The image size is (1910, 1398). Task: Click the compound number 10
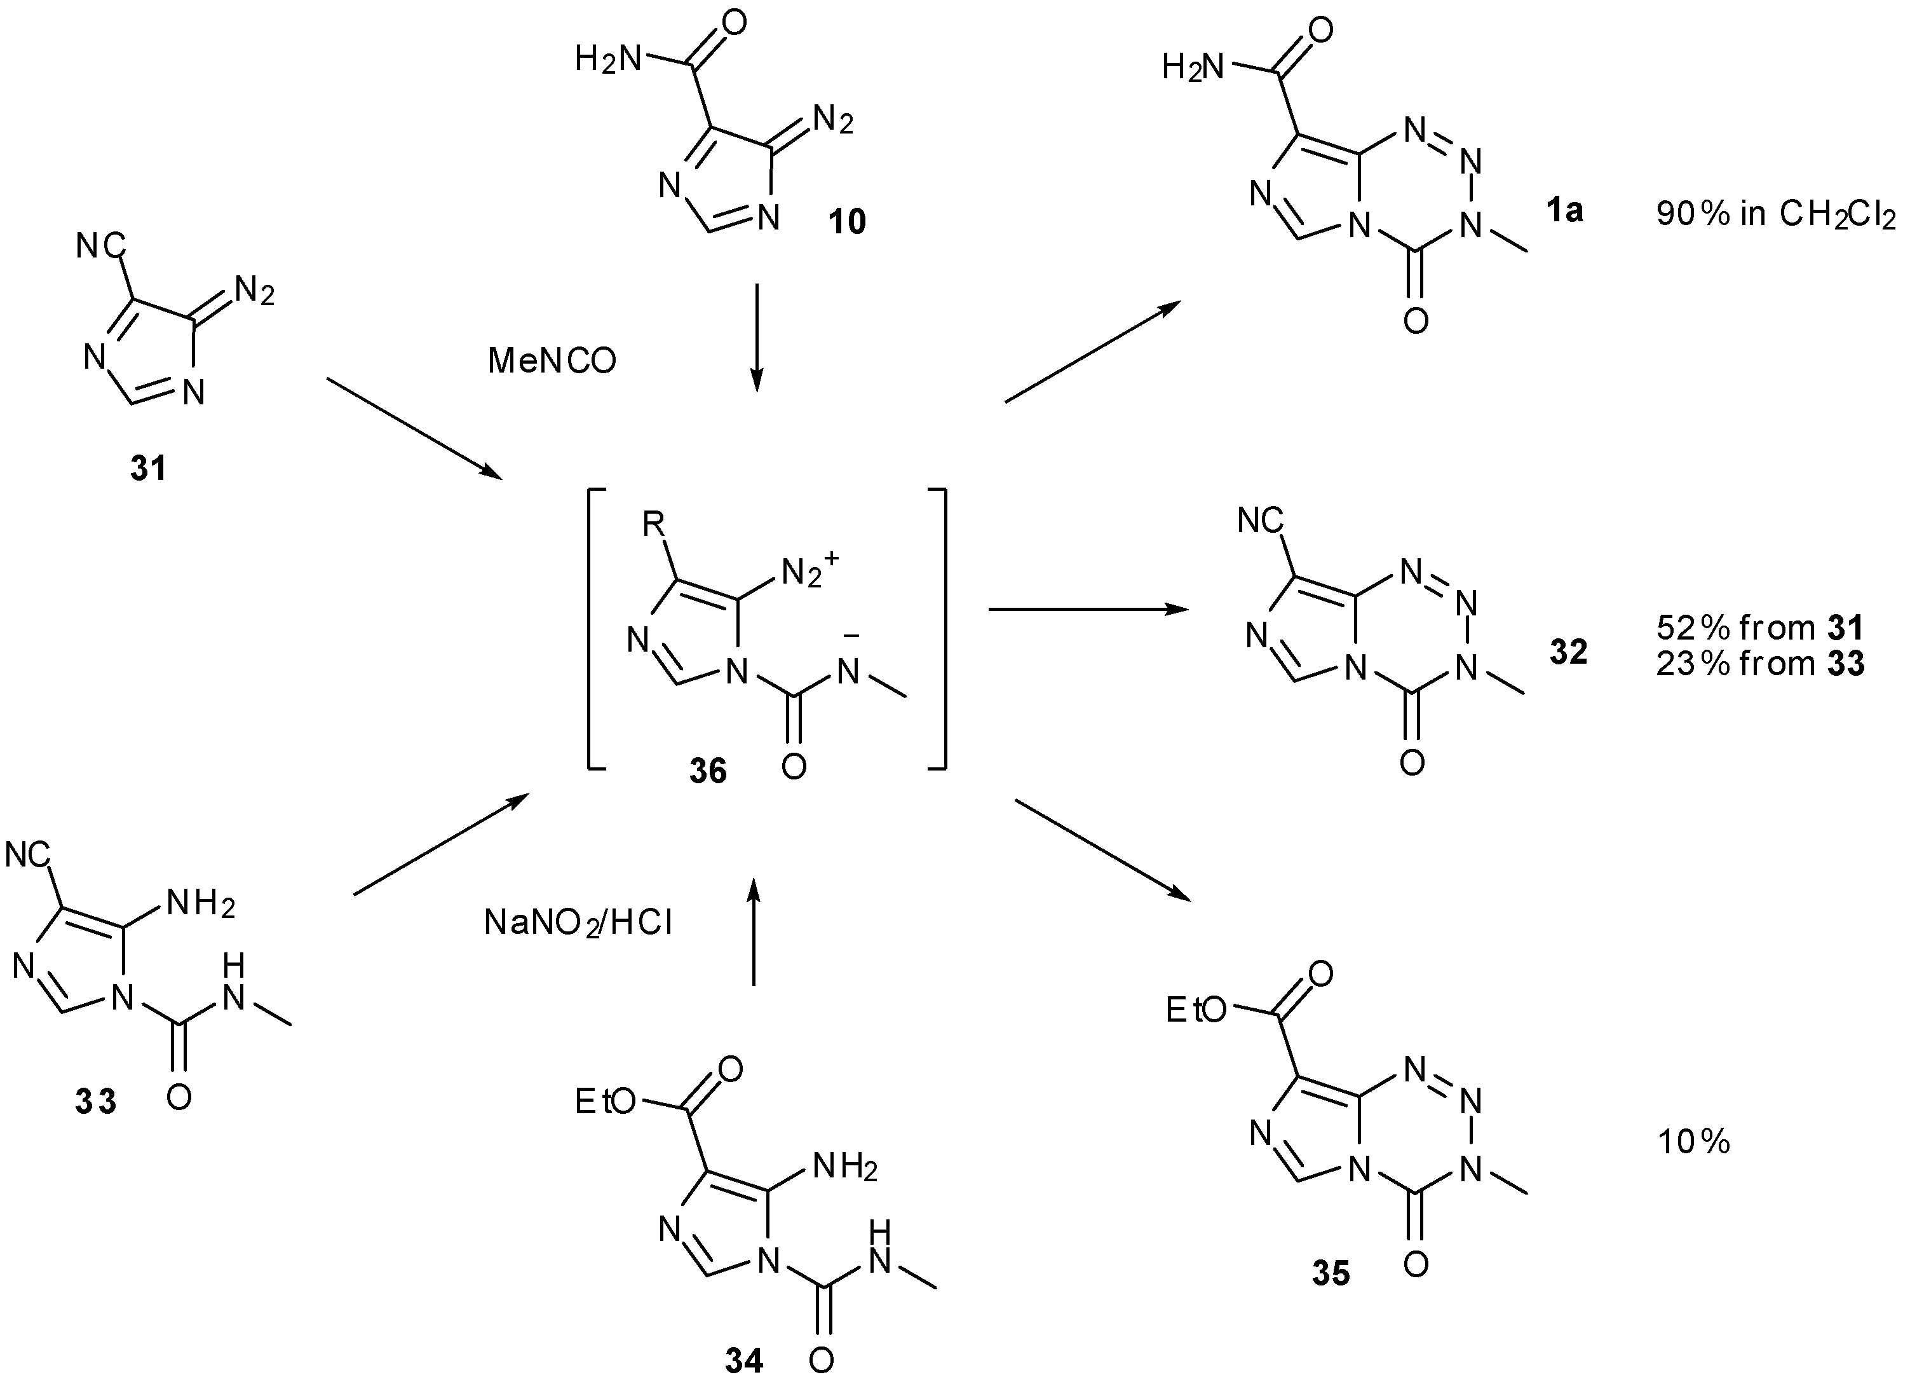[847, 222]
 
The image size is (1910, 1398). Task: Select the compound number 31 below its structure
[148, 468]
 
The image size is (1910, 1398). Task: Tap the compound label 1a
[1564, 210]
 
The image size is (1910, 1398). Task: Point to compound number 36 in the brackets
[707, 771]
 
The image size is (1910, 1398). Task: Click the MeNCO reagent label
[552, 361]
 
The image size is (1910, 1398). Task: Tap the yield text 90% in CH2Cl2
[1775, 216]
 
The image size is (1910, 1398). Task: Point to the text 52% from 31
[1759, 628]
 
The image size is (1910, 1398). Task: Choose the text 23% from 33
[1759, 664]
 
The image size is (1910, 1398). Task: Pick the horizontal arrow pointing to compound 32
[1088, 608]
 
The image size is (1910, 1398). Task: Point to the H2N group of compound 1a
[1193, 66]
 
